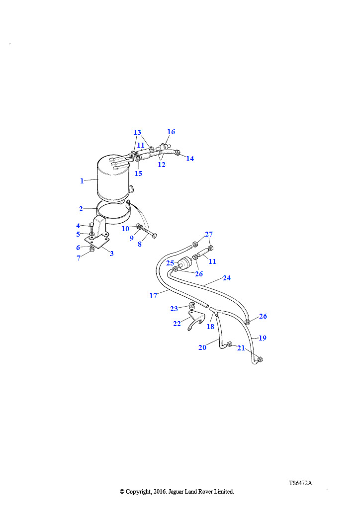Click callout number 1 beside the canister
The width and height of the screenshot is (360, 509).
pos(82,181)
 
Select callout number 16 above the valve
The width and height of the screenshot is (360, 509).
pos(171,132)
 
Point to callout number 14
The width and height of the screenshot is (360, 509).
pos(190,159)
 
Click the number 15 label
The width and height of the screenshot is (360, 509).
pos(138,173)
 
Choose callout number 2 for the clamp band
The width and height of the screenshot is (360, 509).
pos(81,209)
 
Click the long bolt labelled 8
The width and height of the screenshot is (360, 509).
pos(150,233)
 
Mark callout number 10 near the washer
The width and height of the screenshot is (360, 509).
pos(125,229)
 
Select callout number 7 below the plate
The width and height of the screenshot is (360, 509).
pos(79,258)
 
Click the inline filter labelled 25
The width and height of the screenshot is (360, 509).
pos(185,262)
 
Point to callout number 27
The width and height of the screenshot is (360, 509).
pos(209,234)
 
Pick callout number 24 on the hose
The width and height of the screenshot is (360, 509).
pos(227,278)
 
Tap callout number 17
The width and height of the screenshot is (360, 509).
pos(153,296)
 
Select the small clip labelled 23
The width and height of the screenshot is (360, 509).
pos(191,306)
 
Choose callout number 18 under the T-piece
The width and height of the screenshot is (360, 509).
pos(210,327)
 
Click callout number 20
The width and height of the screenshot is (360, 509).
pos(202,347)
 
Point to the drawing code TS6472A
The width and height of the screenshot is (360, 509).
pos(301,483)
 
